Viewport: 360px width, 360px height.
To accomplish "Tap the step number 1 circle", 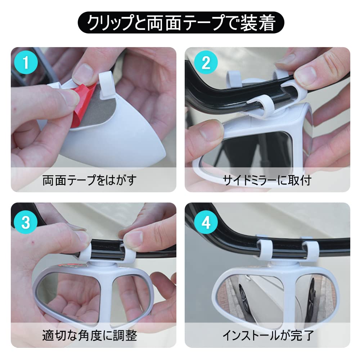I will [x=26, y=63].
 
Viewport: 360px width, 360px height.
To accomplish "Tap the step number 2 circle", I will [x=206, y=63].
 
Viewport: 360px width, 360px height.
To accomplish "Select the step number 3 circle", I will [x=26, y=222].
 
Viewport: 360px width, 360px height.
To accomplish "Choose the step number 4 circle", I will [x=206, y=222].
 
